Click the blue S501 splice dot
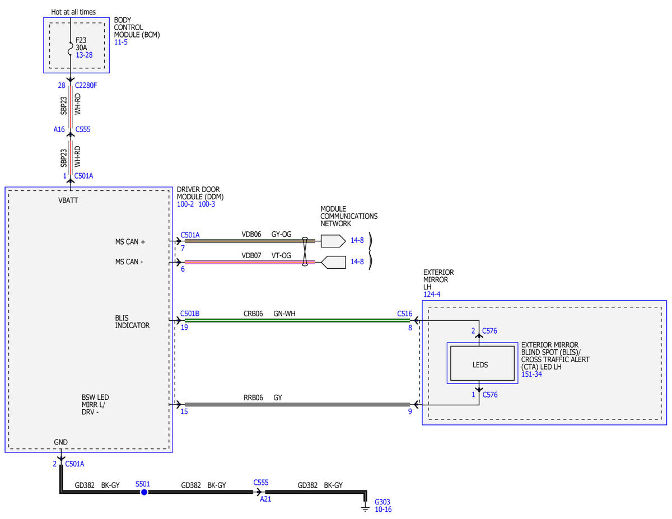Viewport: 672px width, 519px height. click(x=144, y=492)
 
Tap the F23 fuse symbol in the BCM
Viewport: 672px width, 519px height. click(x=71, y=49)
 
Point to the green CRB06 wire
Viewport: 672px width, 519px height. click(x=297, y=321)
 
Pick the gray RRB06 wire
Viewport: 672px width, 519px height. click(x=297, y=404)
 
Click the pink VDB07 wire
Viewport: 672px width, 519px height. click(x=250, y=262)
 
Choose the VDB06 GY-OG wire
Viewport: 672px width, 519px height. click(x=250, y=241)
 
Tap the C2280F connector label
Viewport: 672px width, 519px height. click(x=86, y=85)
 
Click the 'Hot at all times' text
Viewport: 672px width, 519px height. click(x=73, y=12)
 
